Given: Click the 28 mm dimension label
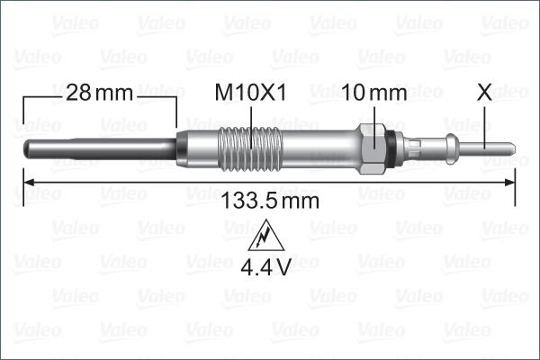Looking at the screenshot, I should pos(100,92).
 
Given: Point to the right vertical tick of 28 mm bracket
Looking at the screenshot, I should pos(176,112).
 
